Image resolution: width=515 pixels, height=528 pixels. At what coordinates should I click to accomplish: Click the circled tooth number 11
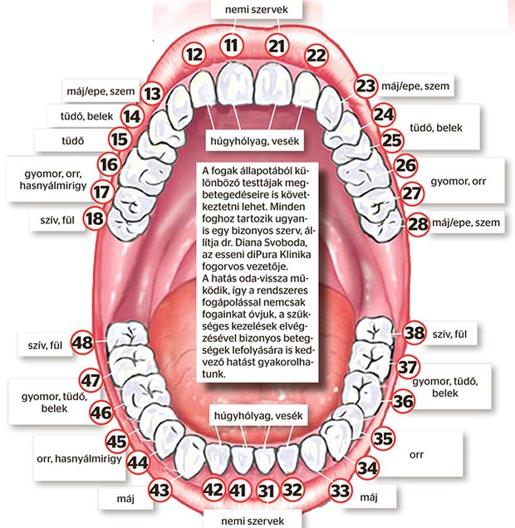pyautogui.click(x=232, y=45)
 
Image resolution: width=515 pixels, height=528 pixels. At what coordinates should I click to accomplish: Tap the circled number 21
pyautogui.click(x=277, y=46)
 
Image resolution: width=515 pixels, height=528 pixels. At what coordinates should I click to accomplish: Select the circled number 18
pyautogui.click(x=95, y=218)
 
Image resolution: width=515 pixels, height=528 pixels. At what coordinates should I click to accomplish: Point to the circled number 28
pyautogui.click(x=418, y=223)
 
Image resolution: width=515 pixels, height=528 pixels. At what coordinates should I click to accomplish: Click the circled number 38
pyautogui.click(x=414, y=332)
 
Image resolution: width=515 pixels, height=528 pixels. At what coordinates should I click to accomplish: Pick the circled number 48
pyautogui.click(x=82, y=343)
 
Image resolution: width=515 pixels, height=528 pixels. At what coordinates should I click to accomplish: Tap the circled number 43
pyautogui.click(x=159, y=489)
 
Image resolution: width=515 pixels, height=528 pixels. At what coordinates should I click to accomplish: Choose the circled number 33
pyautogui.click(x=341, y=491)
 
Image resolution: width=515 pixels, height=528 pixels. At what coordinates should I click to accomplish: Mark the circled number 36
pyautogui.click(x=403, y=401)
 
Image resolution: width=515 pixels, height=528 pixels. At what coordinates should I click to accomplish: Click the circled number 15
pyautogui.click(x=120, y=139)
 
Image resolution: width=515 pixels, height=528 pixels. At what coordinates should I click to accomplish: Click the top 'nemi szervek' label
pyautogui.click(x=257, y=9)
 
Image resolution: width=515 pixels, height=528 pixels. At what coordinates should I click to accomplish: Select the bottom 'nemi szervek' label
pyautogui.click(x=253, y=521)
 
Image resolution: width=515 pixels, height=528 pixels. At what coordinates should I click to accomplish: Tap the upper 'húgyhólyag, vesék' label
pyautogui.click(x=255, y=141)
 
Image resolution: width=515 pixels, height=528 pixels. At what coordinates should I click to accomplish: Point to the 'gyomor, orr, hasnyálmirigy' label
pyautogui.click(x=53, y=179)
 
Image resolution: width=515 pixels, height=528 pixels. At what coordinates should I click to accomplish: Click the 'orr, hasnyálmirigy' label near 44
pyautogui.click(x=79, y=458)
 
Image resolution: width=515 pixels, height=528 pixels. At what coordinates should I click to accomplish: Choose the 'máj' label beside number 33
pyautogui.click(x=369, y=497)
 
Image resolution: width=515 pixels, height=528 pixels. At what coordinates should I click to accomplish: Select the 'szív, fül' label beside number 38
pyautogui.click(x=449, y=334)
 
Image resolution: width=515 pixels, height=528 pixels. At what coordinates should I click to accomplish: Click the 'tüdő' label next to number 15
pyautogui.click(x=73, y=141)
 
